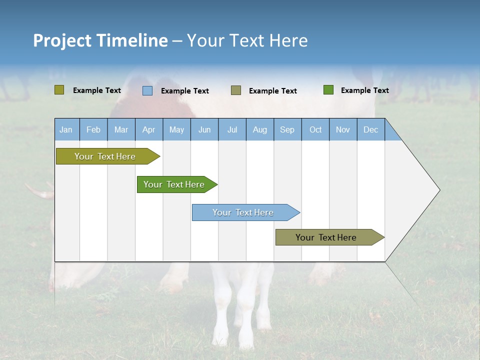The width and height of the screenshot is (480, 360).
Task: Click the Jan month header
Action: (66, 129)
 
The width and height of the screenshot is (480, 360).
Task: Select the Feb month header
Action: (93, 129)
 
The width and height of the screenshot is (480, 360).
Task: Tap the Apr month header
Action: (148, 129)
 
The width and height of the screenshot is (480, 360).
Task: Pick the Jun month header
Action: (204, 129)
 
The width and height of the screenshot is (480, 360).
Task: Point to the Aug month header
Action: (260, 129)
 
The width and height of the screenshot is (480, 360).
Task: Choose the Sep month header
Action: (287, 129)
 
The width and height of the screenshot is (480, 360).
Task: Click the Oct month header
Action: (315, 129)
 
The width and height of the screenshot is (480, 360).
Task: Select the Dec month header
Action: (370, 129)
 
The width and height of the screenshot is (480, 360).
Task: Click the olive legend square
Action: (59, 90)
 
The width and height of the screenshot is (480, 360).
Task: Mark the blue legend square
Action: (147, 90)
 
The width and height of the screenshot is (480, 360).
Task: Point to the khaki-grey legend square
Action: (236, 90)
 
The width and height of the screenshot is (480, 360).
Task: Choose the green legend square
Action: (328, 90)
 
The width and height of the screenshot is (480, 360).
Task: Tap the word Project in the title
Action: (62, 40)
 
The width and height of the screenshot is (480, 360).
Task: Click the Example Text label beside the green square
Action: (364, 90)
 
